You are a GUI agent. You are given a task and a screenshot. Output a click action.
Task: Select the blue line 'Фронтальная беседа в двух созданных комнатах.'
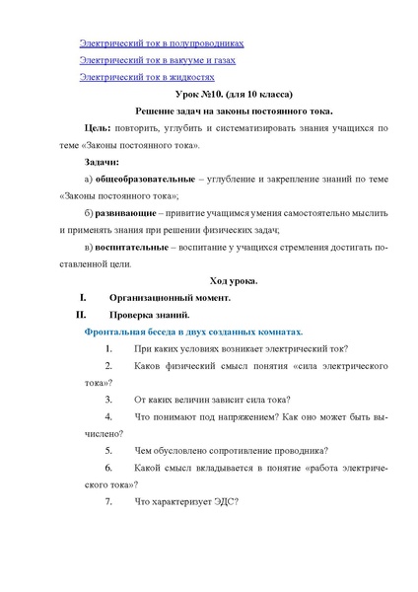pyautogui.click(x=194, y=333)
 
